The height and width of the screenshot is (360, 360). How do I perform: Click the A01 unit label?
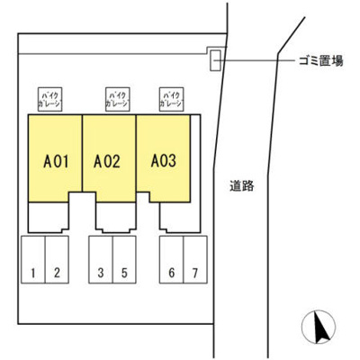point(57,162)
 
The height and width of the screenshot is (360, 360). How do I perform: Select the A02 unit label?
point(108,162)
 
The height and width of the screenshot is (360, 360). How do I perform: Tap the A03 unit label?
point(163,162)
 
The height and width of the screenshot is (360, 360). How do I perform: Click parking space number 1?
point(32,272)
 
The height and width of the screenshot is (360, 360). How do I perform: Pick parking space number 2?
point(57,272)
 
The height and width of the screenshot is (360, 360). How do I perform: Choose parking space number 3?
point(101,272)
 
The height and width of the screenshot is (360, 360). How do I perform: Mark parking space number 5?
point(124,272)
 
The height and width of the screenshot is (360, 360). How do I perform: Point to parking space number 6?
point(170,272)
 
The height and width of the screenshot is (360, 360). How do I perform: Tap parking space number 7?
point(193,272)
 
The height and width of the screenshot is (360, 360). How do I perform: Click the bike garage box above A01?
point(48,99)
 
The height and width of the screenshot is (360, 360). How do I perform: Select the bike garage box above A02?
point(115,99)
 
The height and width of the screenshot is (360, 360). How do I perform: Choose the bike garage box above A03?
point(170,99)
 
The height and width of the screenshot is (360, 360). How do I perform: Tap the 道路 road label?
point(242,186)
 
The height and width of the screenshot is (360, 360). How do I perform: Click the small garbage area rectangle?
point(215,59)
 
